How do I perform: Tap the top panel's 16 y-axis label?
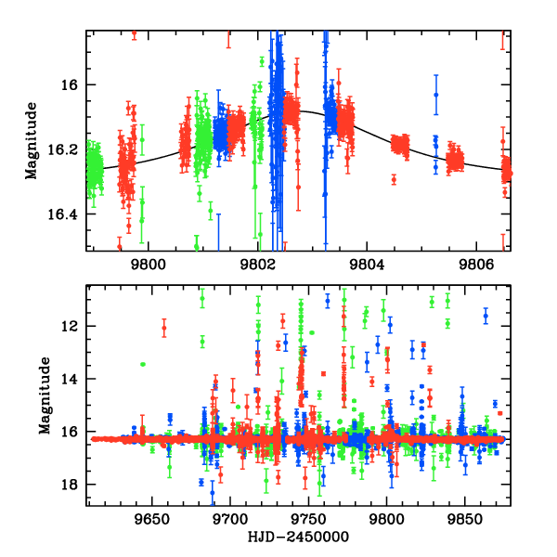[x=74, y=84]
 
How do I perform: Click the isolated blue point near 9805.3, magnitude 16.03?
[x=435, y=94]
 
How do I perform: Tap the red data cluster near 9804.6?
[x=400, y=144]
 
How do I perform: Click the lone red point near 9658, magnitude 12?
[x=164, y=328]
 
